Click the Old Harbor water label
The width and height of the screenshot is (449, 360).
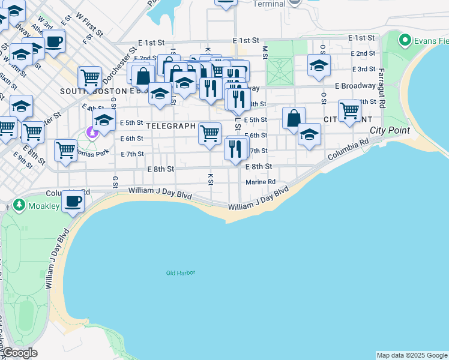[x=181, y=273]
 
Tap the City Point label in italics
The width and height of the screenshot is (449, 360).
[x=390, y=130]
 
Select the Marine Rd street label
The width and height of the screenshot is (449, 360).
[x=261, y=182]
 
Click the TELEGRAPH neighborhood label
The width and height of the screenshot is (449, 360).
[x=170, y=126]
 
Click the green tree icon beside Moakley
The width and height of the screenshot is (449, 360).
[x=19, y=206]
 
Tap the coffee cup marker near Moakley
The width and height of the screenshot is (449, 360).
[x=73, y=202]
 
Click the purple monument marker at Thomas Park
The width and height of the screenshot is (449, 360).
[x=92, y=132]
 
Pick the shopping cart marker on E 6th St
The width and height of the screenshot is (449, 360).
[x=209, y=133]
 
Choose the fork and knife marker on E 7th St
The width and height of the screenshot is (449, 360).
[x=235, y=148]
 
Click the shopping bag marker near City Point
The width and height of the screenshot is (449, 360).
[x=294, y=118]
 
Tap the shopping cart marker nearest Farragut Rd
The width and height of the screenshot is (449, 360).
[x=349, y=110]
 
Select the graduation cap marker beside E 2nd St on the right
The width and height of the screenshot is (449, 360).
[x=319, y=65]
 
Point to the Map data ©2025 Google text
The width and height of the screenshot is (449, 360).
[x=412, y=355]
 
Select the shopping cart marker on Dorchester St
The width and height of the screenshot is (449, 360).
[x=89, y=77]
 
